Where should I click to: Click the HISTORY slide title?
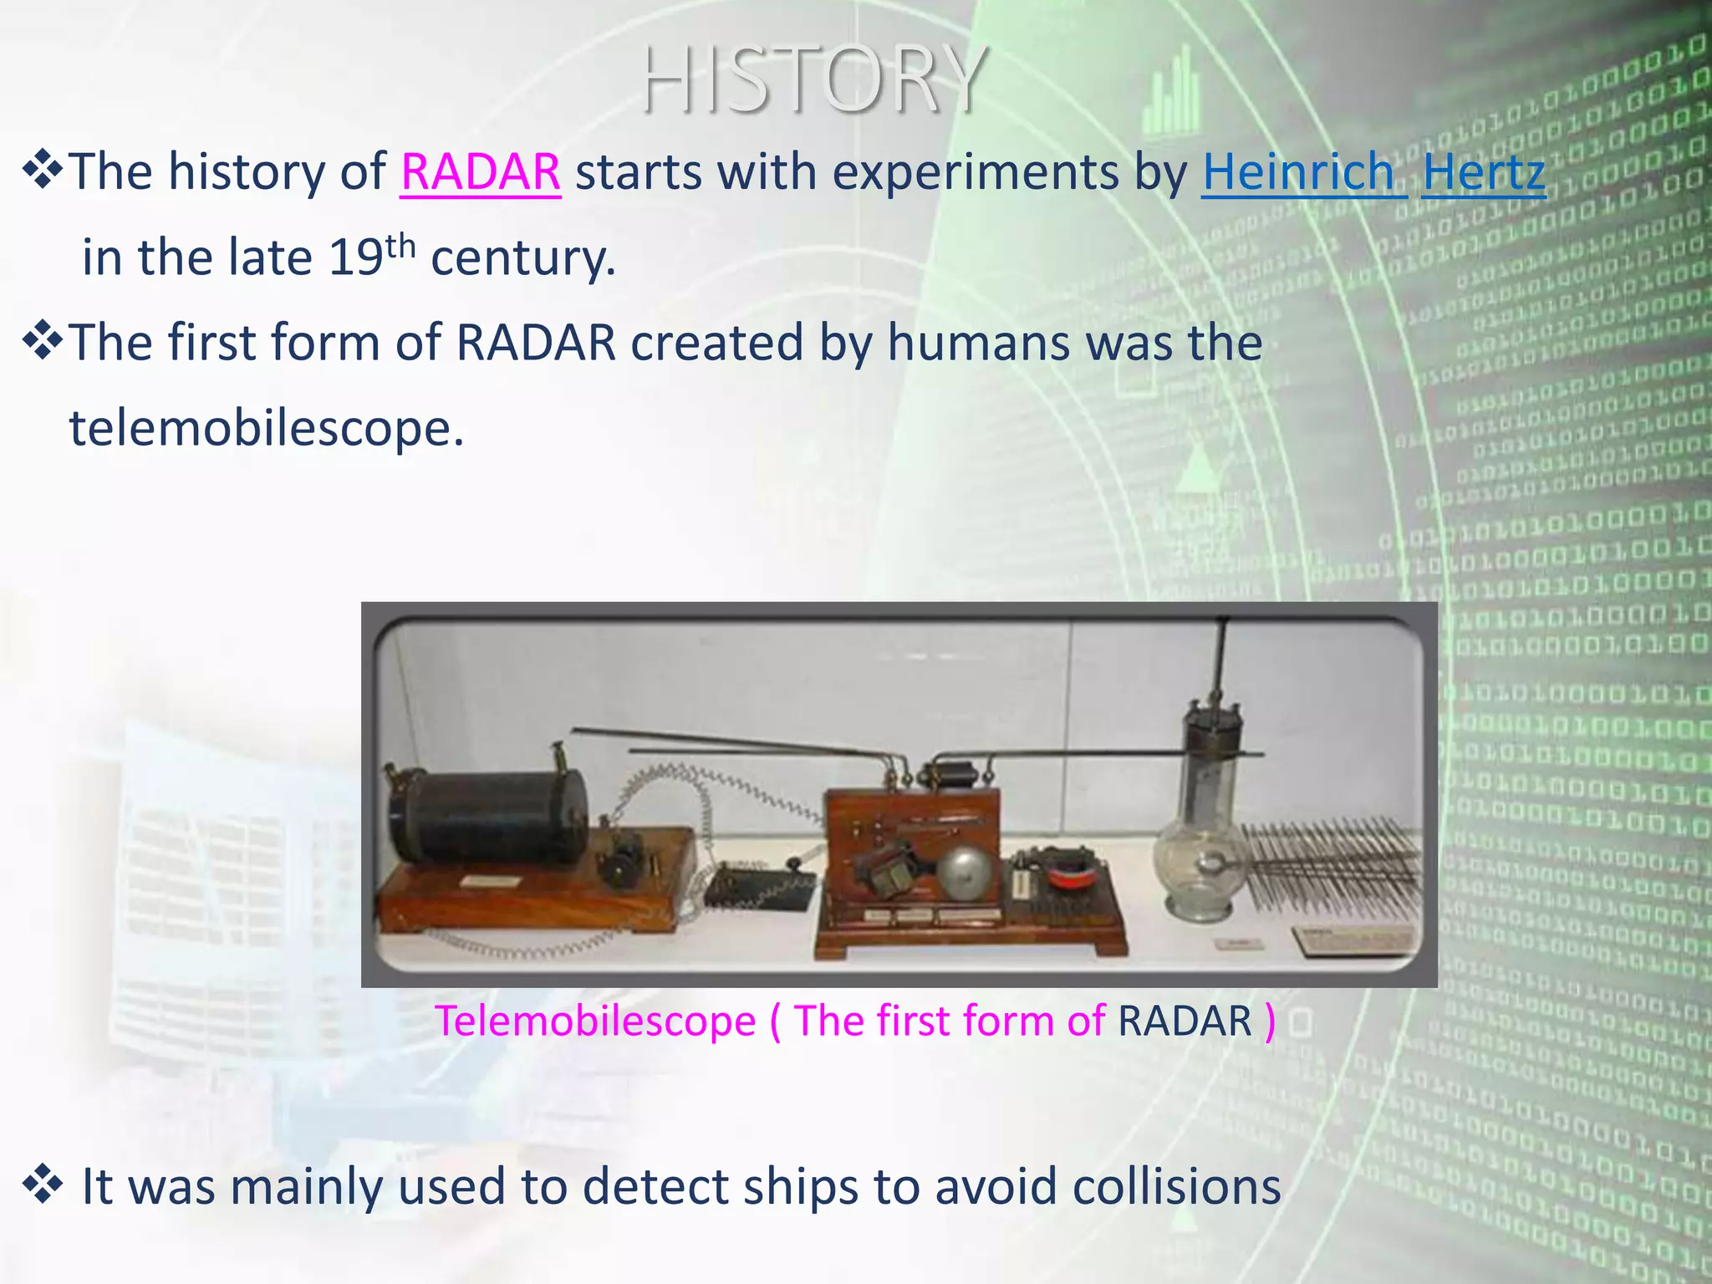[x=813, y=80]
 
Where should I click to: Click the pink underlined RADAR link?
[x=480, y=172]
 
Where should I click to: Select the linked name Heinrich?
[x=1298, y=172]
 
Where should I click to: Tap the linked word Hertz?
[x=1483, y=172]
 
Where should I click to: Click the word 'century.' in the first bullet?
[x=523, y=257]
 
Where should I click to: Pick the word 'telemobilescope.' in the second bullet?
[x=266, y=428]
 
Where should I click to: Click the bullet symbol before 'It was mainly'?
[x=43, y=1185]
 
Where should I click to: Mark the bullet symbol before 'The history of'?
[x=43, y=171]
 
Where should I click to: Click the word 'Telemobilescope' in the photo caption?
[x=595, y=1022]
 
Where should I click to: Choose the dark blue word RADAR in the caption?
[x=1185, y=1022]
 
